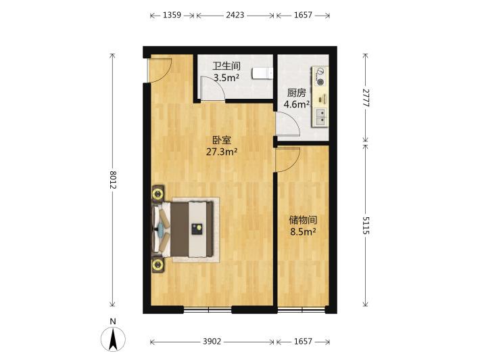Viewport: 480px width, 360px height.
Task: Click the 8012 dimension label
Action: click(x=113, y=179)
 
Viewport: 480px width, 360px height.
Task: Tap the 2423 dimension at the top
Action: click(x=235, y=15)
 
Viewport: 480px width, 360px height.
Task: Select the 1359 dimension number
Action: click(x=172, y=15)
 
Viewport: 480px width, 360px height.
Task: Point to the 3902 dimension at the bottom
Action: click(x=212, y=341)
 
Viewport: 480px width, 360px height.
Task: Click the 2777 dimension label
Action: click(x=366, y=97)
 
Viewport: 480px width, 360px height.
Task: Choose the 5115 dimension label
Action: click(x=366, y=225)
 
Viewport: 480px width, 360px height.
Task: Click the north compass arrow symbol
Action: click(x=113, y=339)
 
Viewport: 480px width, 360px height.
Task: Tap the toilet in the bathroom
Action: click(x=262, y=74)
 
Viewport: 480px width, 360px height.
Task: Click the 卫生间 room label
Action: click(x=227, y=66)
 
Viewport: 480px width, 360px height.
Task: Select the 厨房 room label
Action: click(x=296, y=93)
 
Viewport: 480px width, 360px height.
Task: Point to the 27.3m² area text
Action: click(x=222, y=152)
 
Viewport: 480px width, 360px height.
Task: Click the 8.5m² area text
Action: click(x=303, y=231)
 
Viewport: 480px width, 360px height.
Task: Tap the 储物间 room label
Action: click(x=303, y=220)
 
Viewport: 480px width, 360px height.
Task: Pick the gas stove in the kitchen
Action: click(x=320, y=76)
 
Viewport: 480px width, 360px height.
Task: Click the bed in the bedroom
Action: click(x=186, y=229)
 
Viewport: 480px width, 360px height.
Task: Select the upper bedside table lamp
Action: click(x=158, y=194)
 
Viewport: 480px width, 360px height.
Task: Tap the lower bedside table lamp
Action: click(x=158, y=265)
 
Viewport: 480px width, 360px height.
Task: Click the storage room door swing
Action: click(x=288, y=160)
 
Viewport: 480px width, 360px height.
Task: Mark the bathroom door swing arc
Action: click(x=213, y=88)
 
